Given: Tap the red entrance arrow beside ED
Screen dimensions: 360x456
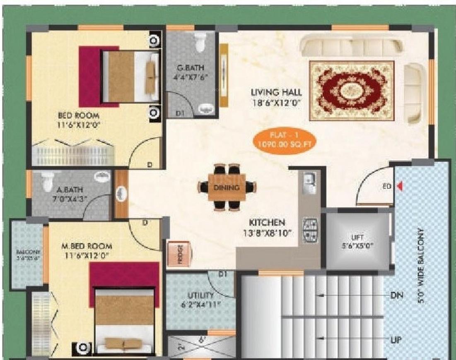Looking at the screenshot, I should point(400,187).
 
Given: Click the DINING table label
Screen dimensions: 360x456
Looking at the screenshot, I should point(226,188).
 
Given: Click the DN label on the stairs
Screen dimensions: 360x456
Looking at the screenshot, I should point(396,295).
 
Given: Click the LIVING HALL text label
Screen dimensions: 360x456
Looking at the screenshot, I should point(276,92).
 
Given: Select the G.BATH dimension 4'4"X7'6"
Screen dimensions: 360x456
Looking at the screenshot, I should point(190,77).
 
